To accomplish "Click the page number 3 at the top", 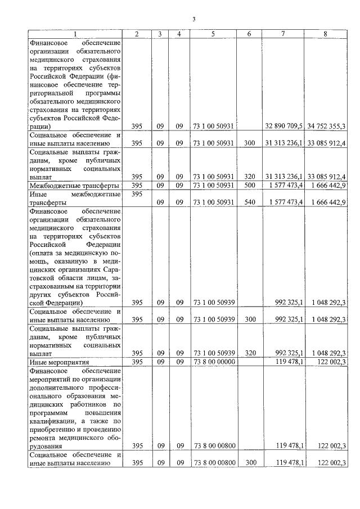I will pyautogui.click(x=193, y=19).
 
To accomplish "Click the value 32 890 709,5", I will pyautogui.click(x=284, y=126).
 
